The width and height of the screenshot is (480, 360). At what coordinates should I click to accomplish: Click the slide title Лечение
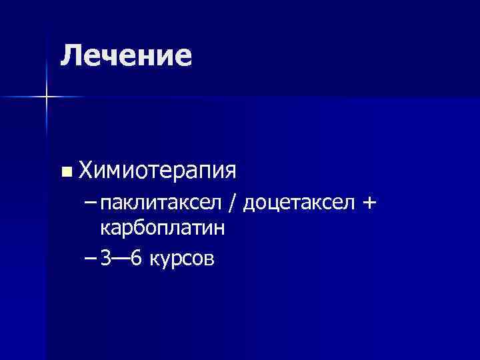click(x=126, y=55)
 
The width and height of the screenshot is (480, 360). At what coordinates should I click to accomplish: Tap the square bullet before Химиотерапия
click(x=65, y=172)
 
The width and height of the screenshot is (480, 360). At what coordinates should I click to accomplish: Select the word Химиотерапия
click(x=157, y=171)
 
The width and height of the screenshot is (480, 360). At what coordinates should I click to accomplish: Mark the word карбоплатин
click(x=162, y=229)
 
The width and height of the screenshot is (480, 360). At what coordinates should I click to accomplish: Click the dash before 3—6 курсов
click(x=91, y=257)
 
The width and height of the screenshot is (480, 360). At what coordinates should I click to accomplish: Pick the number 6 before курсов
click(x=137, y=258)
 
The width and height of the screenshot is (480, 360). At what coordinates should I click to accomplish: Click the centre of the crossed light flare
click(x=47, y=97)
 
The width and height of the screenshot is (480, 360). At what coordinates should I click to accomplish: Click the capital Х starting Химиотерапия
click(x=86, y=171)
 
